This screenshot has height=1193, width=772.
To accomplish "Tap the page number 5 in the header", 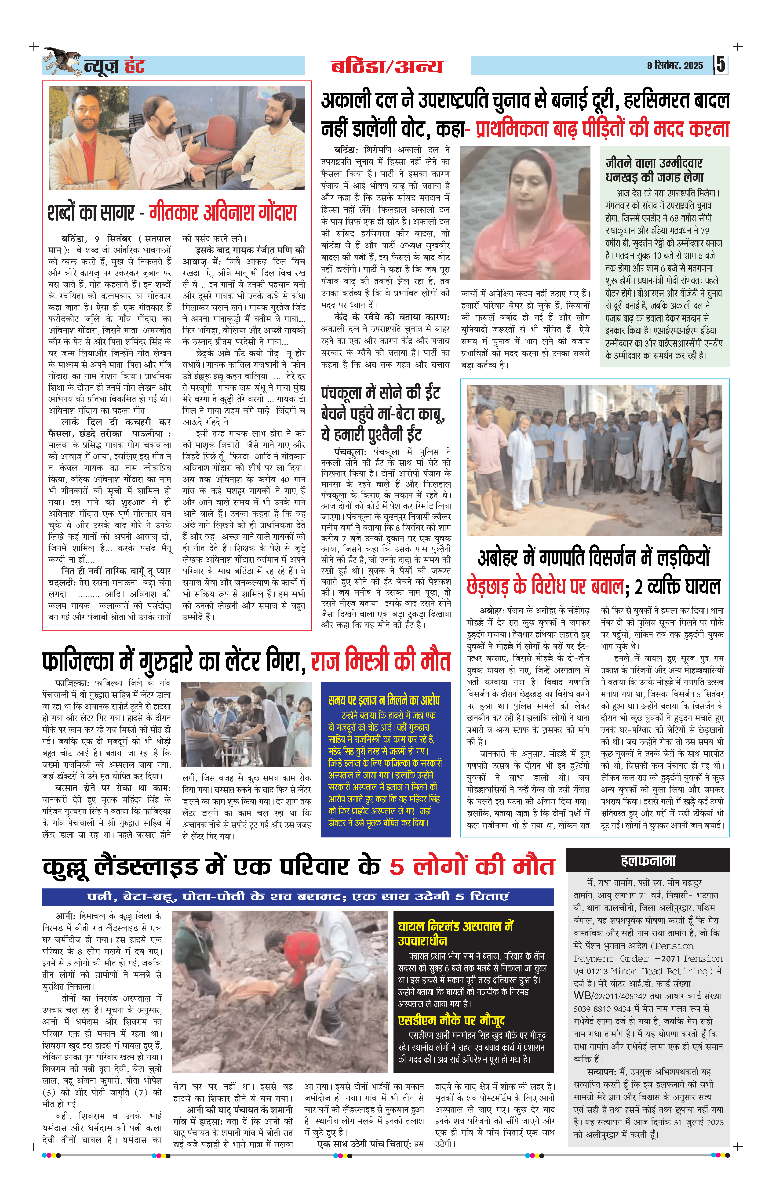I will (x=720, y=65).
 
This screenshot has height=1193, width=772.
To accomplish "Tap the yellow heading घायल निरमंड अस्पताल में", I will (x=455, y=926).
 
